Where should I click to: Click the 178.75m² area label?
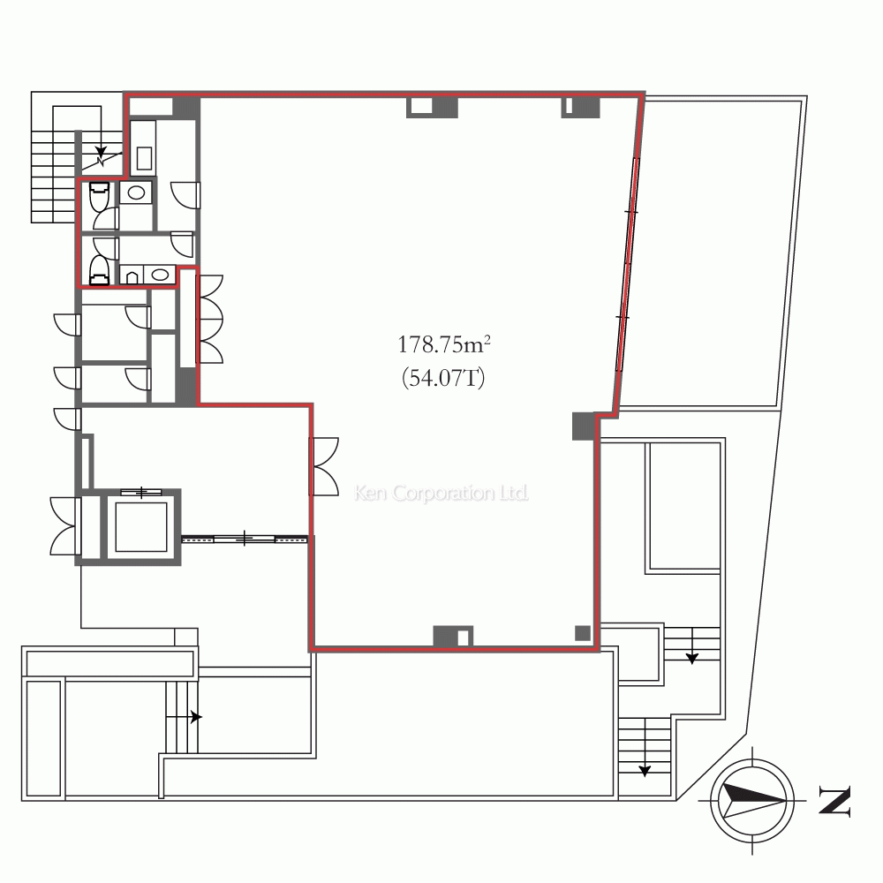[444, 344]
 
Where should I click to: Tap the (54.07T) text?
[443, 377]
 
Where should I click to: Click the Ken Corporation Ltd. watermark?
[441, 493]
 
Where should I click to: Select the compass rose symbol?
[752, 800]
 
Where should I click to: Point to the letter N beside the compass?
[834, 800]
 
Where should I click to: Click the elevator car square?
[140, 527]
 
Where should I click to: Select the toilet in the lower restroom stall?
[100, 270]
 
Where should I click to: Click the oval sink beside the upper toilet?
[136, 192]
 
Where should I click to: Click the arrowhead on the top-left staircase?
[101, 153]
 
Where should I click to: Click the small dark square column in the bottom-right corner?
[583, 633]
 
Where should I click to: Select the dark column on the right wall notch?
[584, 426]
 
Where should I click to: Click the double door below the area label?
[325, 466]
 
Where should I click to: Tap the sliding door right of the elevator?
[245, 539]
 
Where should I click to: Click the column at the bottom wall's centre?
[453, 637]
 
